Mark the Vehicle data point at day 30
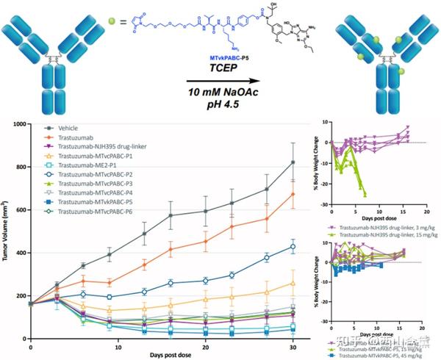pyautogui.click(x=293, y=162)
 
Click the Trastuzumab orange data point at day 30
pyautogui.click(x=293, y=194)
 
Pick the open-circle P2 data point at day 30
pyautogui.click(x=293, y=247)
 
